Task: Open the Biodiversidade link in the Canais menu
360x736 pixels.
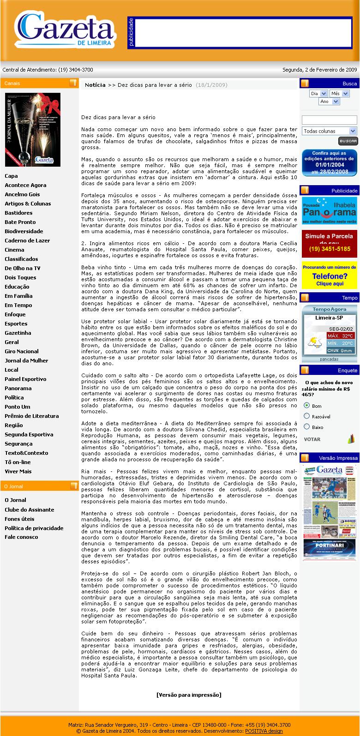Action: tap(24, 231)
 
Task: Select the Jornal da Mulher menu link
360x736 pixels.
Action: tap(26, 361)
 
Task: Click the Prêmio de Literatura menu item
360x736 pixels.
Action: tap(32, 416)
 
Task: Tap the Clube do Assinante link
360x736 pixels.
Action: tap(30, 510)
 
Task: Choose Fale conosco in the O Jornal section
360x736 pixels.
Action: tap(21, 537)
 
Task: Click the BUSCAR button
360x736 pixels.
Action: tap(348, 141)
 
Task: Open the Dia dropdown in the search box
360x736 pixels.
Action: tap(318, 93)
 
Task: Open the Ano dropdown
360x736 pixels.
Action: tap(329, 102)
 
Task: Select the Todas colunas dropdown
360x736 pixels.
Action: tap(330, 131)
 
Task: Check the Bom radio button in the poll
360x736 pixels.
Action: tap(306, 405)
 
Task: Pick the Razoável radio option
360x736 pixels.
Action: tap(306, 416)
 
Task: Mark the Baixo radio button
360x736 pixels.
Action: tap(306, 427)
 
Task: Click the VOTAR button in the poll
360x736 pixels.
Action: tap(312, 439)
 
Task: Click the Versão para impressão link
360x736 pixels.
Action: tap(189, 694)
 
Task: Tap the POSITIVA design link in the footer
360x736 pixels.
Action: tap(264, 731)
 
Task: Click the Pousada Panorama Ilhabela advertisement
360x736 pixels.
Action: tap(330, 211)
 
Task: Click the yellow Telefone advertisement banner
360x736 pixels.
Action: tap(330, 276)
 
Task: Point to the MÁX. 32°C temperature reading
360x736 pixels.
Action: tap(341, 336)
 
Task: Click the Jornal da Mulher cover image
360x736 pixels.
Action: tap(33, 130)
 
